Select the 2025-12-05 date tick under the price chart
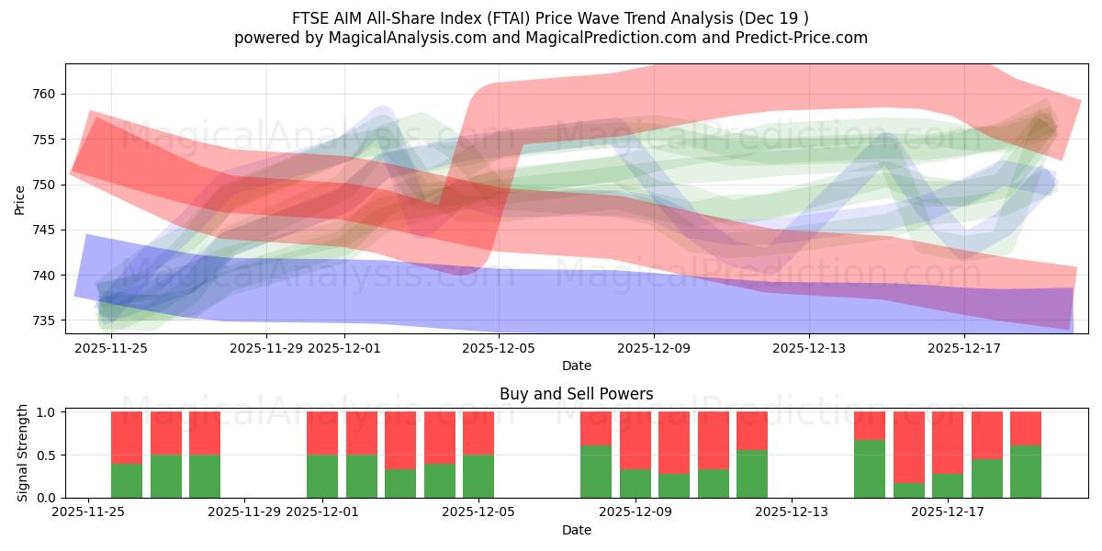(499, 348)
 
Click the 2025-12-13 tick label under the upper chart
(809, 348)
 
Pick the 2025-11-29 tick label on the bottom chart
(244, 512)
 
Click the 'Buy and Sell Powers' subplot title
(576, 394)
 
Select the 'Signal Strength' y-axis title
(24, 454)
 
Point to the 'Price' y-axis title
(20, 198)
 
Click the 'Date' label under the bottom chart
(576, 530)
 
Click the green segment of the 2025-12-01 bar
(322, 476)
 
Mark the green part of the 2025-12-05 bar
(478, 476)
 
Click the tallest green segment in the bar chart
(869, 468)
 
